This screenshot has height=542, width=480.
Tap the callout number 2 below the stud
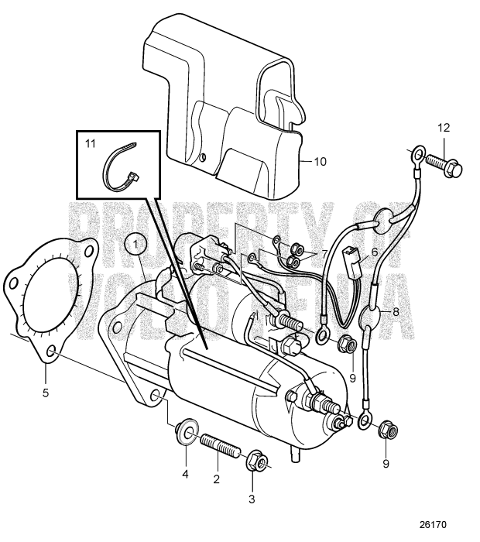[x=217, y=479]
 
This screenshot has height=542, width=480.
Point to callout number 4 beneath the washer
[x=184, y=472]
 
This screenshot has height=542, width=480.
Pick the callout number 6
[x=374, y=252]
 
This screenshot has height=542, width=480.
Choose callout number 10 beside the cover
[x=319, y=162]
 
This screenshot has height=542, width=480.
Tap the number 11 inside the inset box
[x=91, y=144]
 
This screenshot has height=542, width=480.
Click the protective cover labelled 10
[x=225, y=101]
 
